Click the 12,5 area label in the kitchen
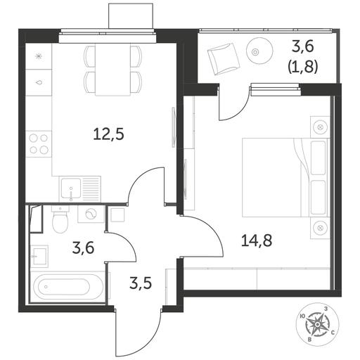[108, 134]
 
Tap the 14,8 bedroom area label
[257, 240]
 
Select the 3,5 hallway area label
[141, 283]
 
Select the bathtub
[68, 287]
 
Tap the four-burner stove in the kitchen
[39, 143]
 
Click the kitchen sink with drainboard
[80, 189]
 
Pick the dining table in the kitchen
[112, 70]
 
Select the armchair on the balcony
[224, 59]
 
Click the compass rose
[316, 324]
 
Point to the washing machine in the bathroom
[91, 214]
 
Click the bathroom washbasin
[39, 256]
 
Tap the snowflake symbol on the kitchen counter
[38, 56]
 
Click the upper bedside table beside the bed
[320, 127]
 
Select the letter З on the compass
[326, 309]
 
